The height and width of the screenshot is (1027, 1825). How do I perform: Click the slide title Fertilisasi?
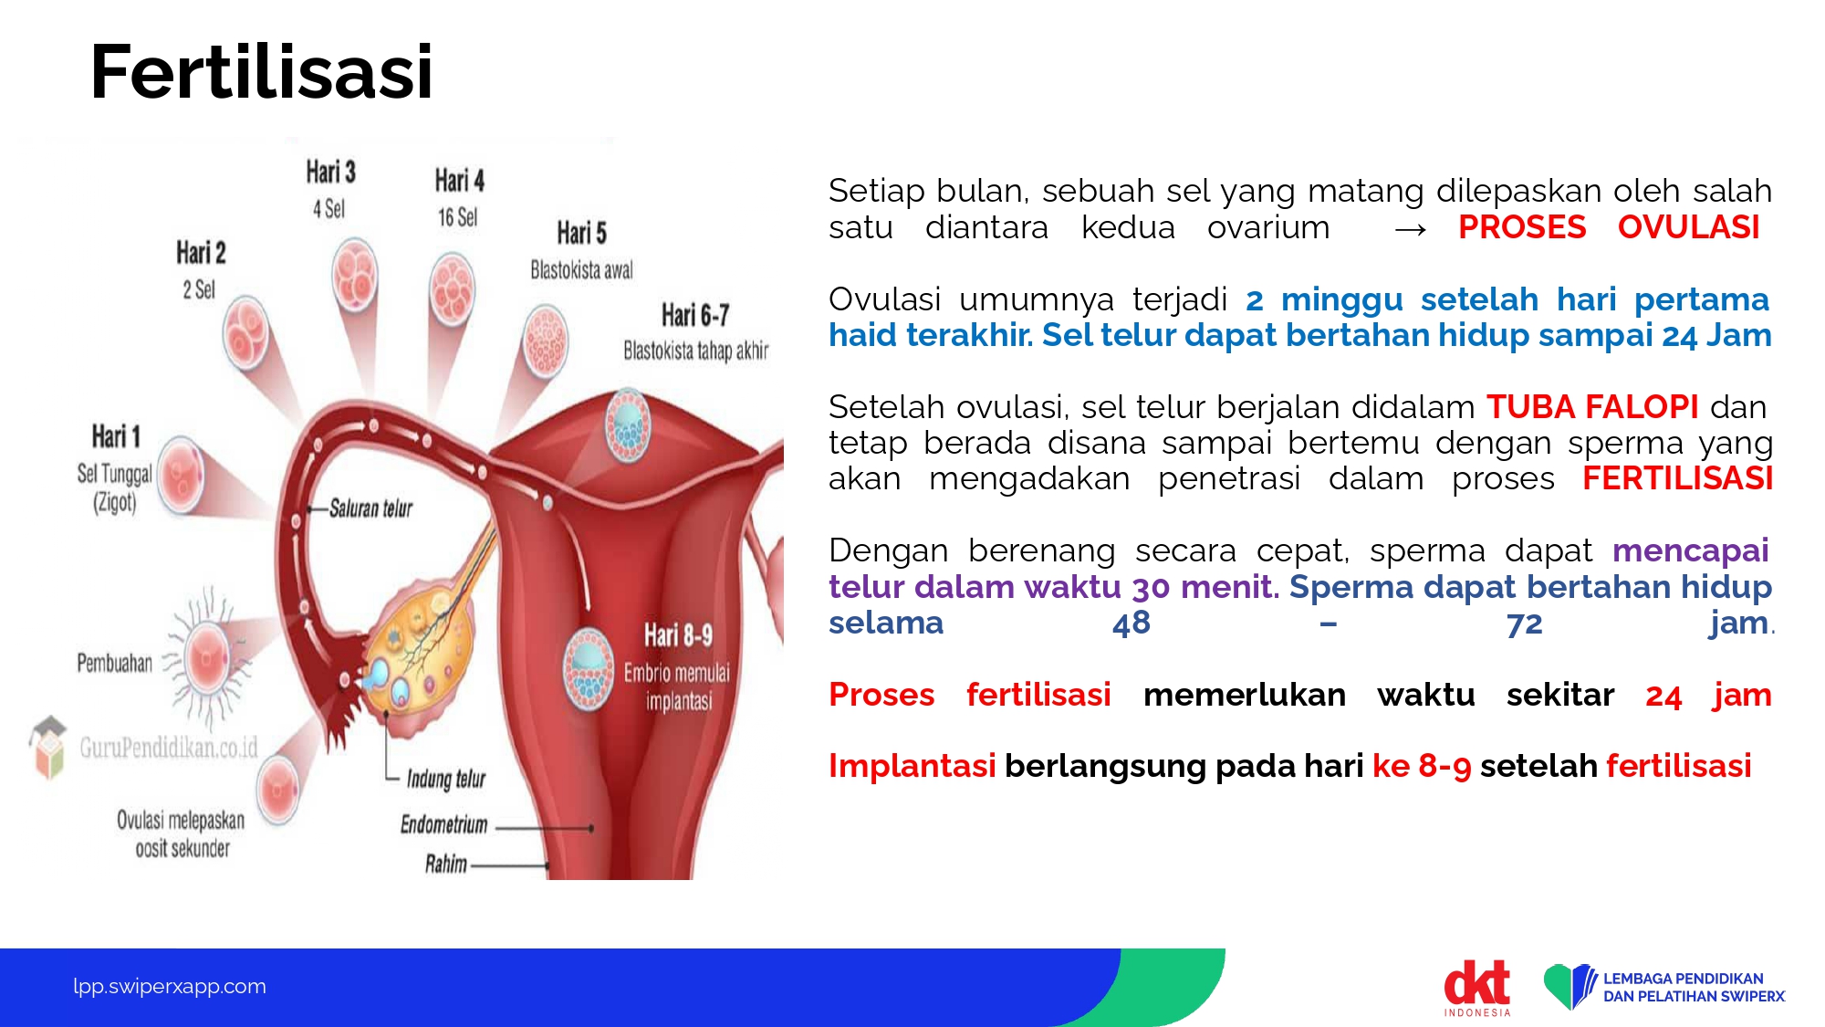tap(261, 72)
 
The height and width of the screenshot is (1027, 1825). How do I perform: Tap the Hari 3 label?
tap(330, 172)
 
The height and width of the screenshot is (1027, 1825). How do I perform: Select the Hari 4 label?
tap(459, 180)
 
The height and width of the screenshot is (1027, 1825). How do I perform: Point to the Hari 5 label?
tap(581, 232)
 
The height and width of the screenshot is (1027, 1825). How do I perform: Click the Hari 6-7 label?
tap(695, 315)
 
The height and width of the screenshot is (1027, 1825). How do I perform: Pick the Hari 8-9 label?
tap(678, 634)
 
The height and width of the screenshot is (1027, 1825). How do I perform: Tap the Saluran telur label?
tap(370, 508)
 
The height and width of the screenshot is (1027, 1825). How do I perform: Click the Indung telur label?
tap(445, 779)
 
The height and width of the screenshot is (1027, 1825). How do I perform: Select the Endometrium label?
tap(444, 824)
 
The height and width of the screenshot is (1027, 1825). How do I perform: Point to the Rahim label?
tap(446, 864)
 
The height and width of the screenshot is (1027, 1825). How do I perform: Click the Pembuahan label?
tap(115, 663)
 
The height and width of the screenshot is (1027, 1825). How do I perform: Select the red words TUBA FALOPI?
tap(1592, 406)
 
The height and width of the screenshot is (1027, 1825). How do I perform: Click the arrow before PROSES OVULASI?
tap(1411, 230)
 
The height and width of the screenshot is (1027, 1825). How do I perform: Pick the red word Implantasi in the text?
tap(912, 765)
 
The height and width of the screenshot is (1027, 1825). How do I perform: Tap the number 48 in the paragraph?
tap(1131, 623)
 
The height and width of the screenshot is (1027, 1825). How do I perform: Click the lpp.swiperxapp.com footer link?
tap(170, 986)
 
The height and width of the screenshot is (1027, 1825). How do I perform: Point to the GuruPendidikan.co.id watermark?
tap(169, 748)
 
